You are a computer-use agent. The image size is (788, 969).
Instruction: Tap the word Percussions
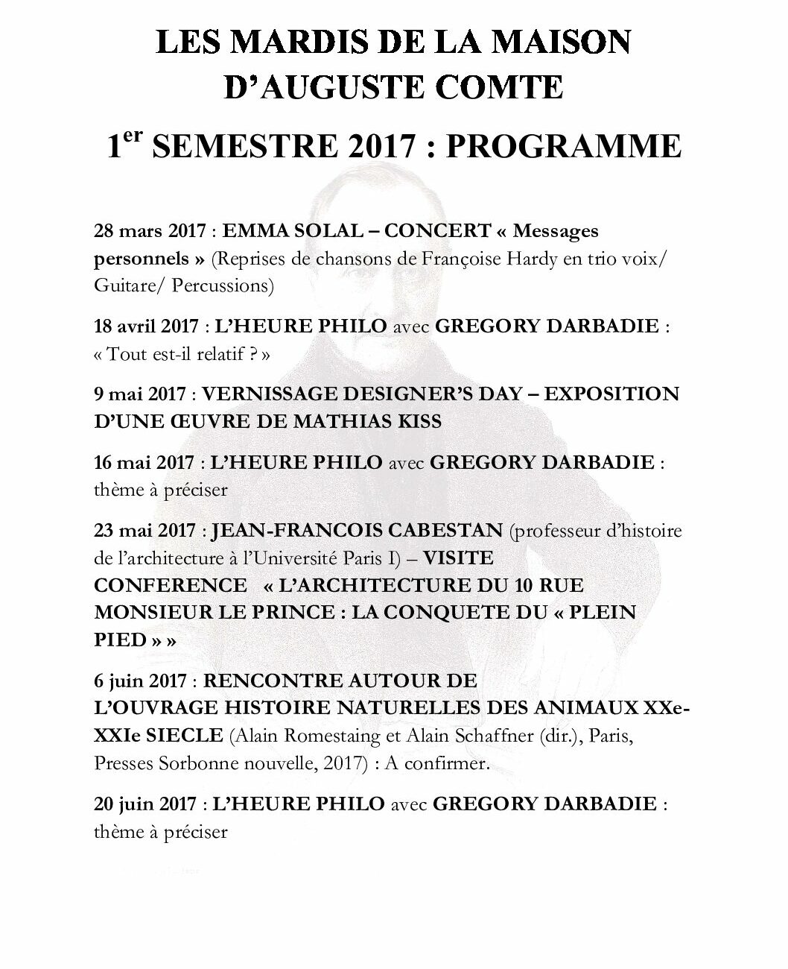click(223, 285)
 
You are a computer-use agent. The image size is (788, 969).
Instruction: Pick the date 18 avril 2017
click(147, 326)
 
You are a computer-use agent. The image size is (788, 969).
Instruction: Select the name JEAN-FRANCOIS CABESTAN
click(358, 531)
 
